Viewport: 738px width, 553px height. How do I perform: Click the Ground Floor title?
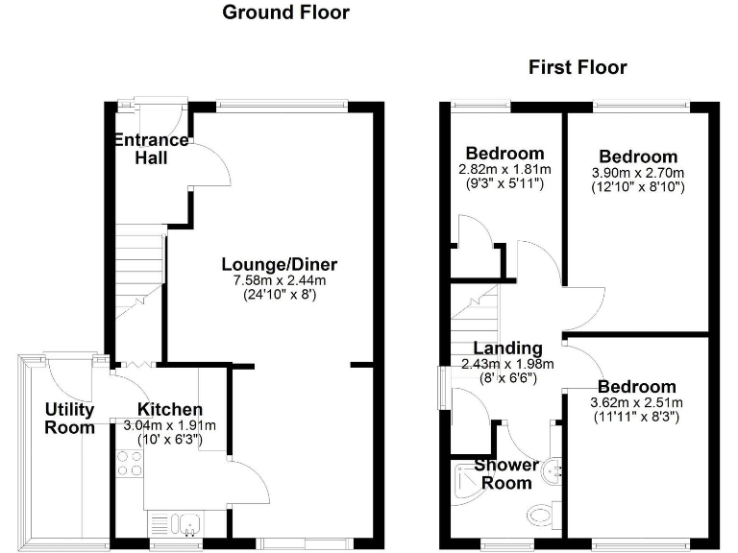tap(285, 12)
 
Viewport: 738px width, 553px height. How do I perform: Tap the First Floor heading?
tap(578, 67)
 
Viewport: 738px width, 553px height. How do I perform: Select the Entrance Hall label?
tap(151, 148)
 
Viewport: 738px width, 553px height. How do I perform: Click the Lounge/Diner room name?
tap(280, 264)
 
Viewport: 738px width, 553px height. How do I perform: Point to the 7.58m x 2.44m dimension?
tap(280, 280)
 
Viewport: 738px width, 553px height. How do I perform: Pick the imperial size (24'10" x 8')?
tap(280, 295)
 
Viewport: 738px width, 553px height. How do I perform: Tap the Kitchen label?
tap(170, 410)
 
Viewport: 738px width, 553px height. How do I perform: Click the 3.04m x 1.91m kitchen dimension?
tap(170, 426)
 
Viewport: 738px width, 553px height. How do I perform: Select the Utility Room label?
tap(70, 419)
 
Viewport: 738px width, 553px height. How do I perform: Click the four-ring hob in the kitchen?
tap(129, 464)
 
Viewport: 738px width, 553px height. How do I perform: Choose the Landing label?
tap(506, 348)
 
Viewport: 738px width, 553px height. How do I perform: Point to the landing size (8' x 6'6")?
tap(506, 378)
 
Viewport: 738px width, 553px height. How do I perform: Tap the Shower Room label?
tap(506, 474)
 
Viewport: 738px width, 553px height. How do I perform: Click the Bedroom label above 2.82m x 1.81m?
tap(504, 154)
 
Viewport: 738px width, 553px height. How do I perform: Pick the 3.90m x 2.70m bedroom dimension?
tap(637, 173)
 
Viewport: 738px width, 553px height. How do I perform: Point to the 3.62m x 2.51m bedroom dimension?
tap(637, 403)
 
